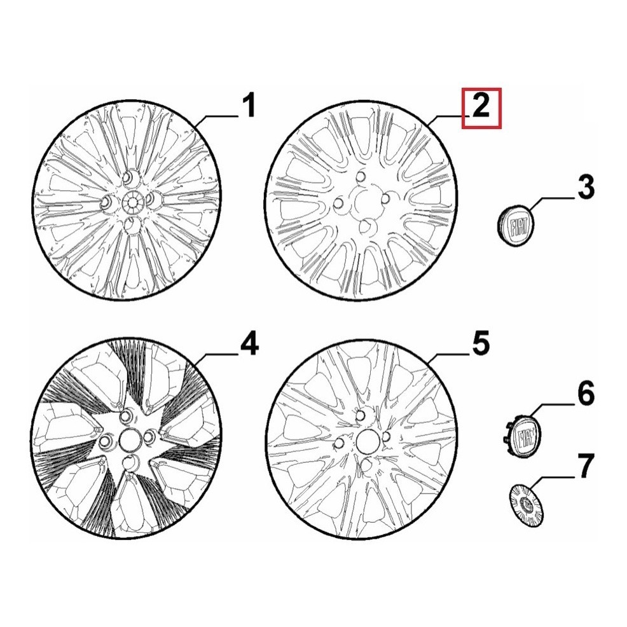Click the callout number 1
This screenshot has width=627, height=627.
click(249, 105)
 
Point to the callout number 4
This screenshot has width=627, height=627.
click(249, 343)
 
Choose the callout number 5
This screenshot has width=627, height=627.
click(481, 343)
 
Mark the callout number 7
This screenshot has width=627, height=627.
click(585, 466)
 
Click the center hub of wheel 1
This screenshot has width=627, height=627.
click(132, 200)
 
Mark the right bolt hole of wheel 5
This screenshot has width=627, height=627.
click(386, 436)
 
